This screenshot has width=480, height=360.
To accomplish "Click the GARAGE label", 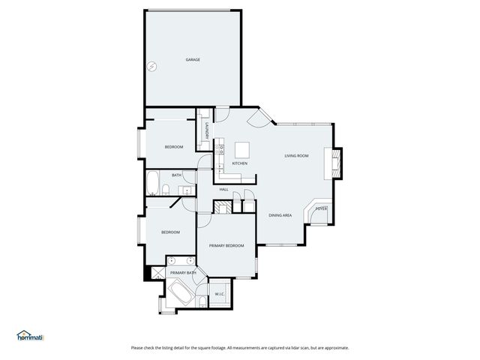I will [193, 59].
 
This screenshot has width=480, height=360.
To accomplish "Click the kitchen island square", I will [242, 148].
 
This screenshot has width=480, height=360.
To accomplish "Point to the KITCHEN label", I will [240, 163].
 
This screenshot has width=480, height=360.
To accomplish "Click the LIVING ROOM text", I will [296, 156].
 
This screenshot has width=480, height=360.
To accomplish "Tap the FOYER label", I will [320, 208].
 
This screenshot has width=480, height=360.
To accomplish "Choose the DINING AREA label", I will [280, 215].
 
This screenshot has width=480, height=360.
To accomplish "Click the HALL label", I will [223, 190].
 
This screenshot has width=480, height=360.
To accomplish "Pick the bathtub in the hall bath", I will [152, 182].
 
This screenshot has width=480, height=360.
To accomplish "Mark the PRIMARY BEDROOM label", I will [226, 245].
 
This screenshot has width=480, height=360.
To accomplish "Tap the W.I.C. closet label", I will [220, 293].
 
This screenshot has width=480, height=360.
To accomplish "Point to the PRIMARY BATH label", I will [182, 273].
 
